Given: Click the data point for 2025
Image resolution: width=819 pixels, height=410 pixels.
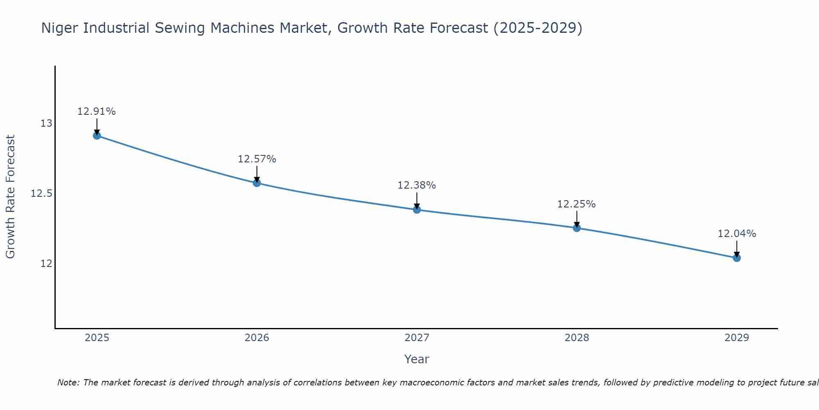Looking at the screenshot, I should point(97,135).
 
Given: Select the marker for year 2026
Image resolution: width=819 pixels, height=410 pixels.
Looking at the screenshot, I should point(257,182).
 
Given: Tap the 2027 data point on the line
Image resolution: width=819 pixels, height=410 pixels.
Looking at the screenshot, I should point(417,210).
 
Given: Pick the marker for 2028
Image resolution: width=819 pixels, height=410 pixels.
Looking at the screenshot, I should point(577,228).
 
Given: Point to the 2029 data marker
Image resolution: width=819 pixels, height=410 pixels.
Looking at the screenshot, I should point(737,257).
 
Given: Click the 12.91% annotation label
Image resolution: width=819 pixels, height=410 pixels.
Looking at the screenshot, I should point(97,112).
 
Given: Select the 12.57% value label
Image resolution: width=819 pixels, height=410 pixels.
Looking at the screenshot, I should point(257,159).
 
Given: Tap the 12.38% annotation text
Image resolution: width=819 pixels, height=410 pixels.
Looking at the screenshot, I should point(417,185).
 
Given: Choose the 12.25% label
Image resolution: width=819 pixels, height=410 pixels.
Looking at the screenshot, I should point(577,204).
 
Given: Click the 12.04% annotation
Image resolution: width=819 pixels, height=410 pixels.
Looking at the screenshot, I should point(737,234).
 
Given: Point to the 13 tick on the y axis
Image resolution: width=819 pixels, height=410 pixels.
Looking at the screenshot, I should point(46,123).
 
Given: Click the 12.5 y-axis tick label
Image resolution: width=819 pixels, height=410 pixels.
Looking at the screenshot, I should point(41,194).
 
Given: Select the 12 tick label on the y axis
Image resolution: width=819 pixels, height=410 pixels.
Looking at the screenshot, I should point(46,263).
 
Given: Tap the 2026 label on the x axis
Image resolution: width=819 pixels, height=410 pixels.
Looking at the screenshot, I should point(257,338).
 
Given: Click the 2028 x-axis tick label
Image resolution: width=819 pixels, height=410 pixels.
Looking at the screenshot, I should point(577,338).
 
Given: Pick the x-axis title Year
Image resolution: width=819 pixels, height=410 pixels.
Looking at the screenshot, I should point(416,359).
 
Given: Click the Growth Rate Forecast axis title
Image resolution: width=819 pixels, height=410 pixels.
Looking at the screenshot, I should point(10,197).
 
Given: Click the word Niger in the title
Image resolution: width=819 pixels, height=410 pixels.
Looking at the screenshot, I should point(58,28).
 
